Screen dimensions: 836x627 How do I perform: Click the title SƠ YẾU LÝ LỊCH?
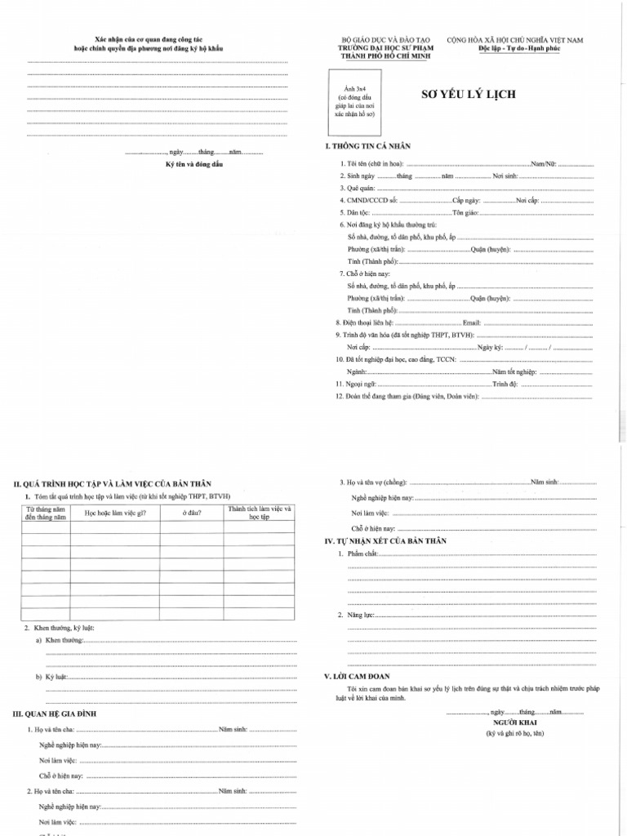(468, 95)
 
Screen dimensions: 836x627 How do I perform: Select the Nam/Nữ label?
(544, 164)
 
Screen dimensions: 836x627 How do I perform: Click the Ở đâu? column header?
(192, 514)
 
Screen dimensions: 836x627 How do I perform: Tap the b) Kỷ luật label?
(52, 678)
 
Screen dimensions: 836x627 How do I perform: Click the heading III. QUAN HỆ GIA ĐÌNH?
(56, 714)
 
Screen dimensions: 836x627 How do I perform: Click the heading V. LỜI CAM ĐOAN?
(358, 677)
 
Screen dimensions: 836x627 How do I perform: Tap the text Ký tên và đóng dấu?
(194, 164)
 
